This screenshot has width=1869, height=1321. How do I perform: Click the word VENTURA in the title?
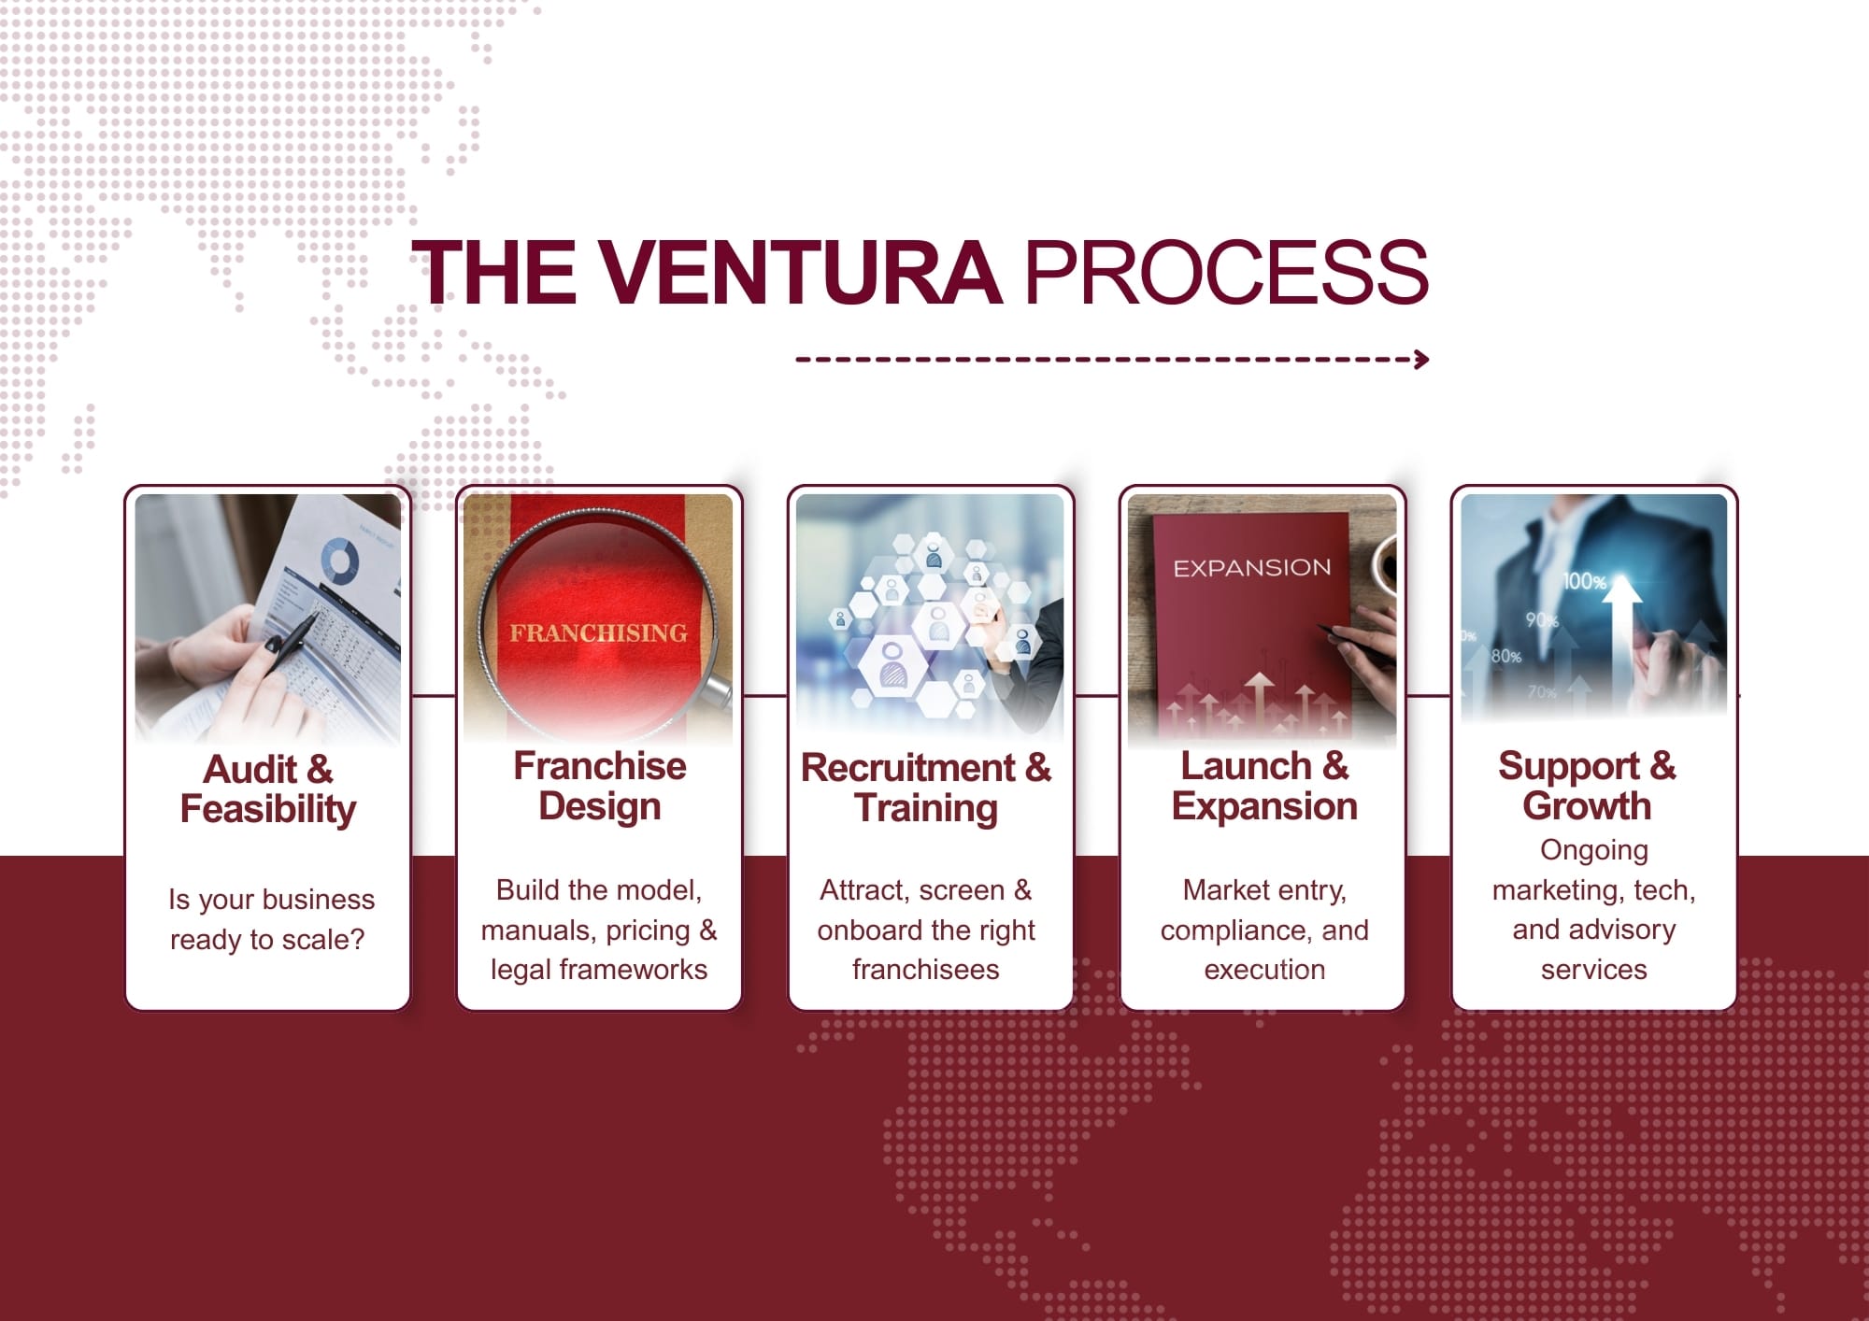tap(799, 272)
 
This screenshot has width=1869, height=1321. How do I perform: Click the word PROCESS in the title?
tap(1226, 272)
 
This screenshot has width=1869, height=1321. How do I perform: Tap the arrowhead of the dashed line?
tap(1421, 360)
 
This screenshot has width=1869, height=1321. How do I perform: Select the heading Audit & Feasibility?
tap(268, 789)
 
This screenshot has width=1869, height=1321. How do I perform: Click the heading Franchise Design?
tap(600, 787)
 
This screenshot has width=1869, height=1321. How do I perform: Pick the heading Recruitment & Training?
tap(926, 788)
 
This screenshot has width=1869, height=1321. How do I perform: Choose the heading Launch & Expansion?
tap(1264, 786)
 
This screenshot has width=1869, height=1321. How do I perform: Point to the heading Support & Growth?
tap(1587, 786)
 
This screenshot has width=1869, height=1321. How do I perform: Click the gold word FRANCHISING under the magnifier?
tap(598, 633)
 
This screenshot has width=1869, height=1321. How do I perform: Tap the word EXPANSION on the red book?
tap(1252, 568)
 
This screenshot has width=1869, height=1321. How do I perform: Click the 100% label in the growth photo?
tap(1584, 581)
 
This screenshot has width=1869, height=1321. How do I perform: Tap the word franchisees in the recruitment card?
tap(925, 970)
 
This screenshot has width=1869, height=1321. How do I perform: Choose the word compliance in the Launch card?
tap(1236, 931)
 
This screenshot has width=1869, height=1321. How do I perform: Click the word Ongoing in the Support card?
tap(1594, 851)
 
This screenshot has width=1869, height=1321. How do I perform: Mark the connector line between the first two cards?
tap(434, 695)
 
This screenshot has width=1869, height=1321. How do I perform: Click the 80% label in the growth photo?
tap(1505, 656)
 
